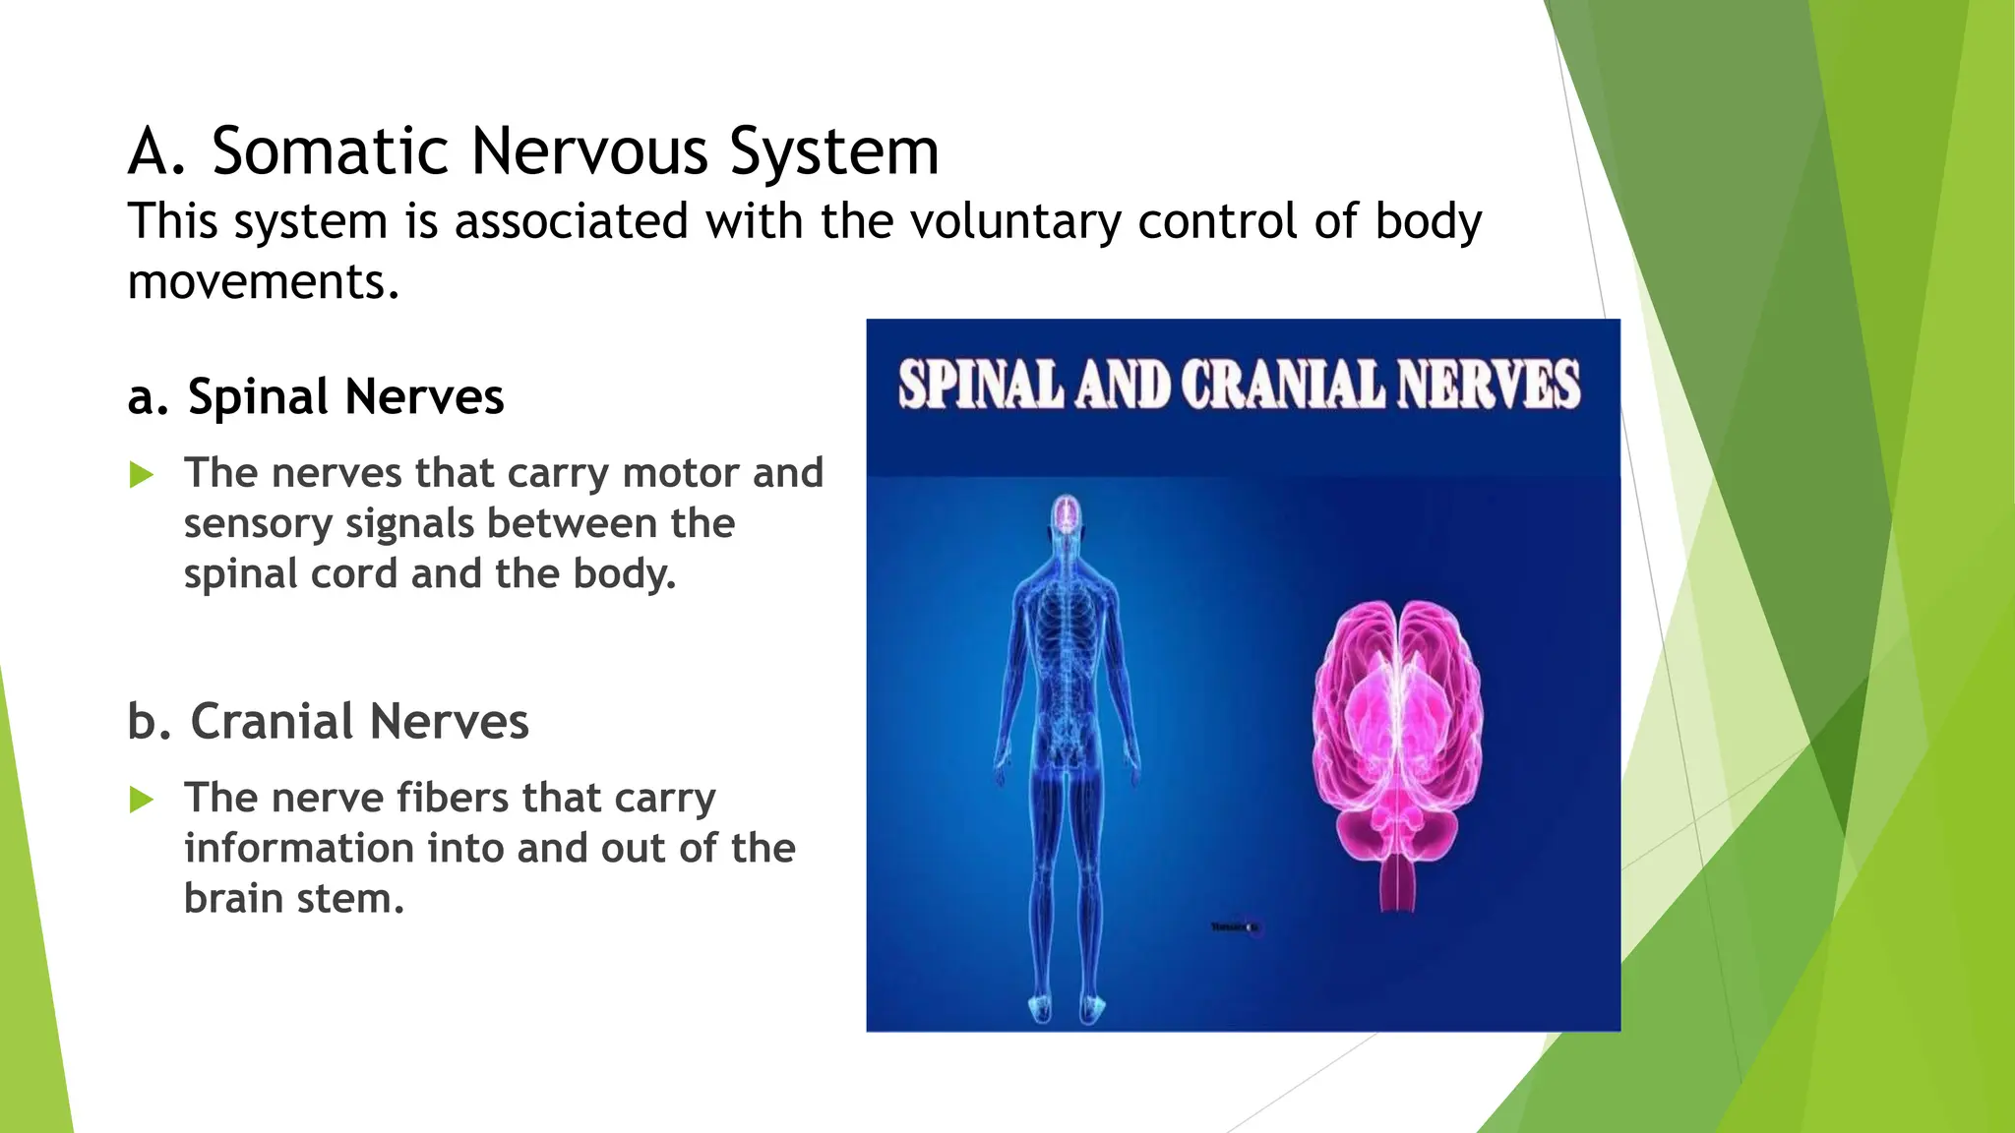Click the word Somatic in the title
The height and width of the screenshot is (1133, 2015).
tap(331, 152)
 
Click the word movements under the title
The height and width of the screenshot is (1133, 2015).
tap(263, 282)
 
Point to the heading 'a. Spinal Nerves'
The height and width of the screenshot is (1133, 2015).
tap(316, 397)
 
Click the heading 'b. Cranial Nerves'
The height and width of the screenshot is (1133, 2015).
tap(328, 722)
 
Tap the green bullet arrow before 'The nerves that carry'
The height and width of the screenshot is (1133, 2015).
tap(142, 476)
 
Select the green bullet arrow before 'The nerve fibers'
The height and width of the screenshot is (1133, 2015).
tap(142, 800)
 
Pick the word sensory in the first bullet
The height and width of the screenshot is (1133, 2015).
tap(258, 523)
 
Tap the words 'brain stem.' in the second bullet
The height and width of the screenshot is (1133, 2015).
tap(293, 899)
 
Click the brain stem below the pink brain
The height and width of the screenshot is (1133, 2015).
tap(1397, 880)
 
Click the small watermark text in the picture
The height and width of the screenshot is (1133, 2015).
tap(1234, 926)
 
